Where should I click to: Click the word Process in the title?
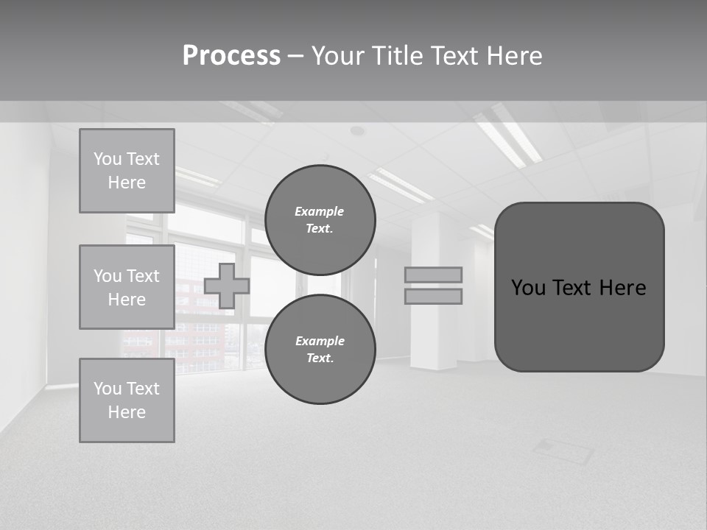coord(231,56)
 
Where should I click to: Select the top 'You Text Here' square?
coord(127,171)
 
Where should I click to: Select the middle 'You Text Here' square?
coord(127,287)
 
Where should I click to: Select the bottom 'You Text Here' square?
coord(127,400)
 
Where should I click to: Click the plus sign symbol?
coord(227,286)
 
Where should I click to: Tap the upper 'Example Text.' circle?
coord(320,220)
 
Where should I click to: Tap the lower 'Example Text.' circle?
coord(320,350)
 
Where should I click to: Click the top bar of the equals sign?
coord(433,275)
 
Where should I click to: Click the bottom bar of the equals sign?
coord(433,296)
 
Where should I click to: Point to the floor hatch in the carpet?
coord(563,451)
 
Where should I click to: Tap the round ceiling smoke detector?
coord(357,131)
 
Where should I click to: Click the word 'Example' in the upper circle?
coord(320,211)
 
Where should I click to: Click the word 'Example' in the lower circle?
coord(320,341)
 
